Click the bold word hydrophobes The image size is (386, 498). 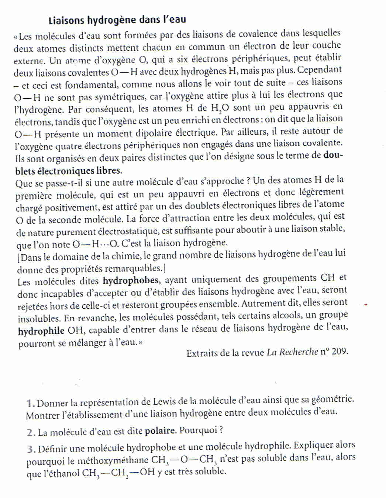tap(131, 281)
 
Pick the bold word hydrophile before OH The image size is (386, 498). tap(41, 331)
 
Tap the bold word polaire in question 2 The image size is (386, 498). tap(159, 430)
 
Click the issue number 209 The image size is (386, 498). tap(340, 351)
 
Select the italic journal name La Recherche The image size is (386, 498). tap(292, 352)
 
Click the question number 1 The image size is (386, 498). tap(31, 403)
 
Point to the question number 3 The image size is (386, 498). tap(31, 449)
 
